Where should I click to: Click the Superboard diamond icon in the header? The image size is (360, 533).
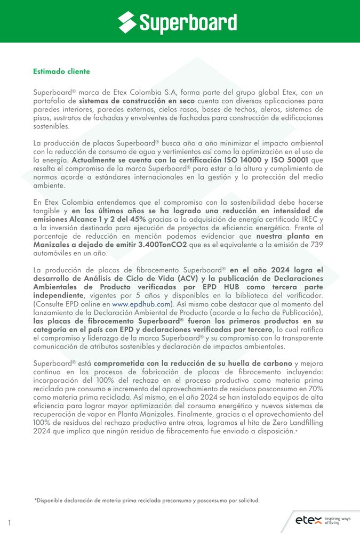pos(127,22)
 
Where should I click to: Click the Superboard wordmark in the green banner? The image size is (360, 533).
pos(188,22)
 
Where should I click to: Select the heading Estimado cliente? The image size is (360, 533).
pos(61,71)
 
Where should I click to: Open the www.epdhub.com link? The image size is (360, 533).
pos(141,304)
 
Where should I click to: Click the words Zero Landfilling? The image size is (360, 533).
pos(297,423)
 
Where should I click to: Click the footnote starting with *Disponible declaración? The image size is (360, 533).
pos(147,500)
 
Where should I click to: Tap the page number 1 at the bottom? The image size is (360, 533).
pos(10,523)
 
